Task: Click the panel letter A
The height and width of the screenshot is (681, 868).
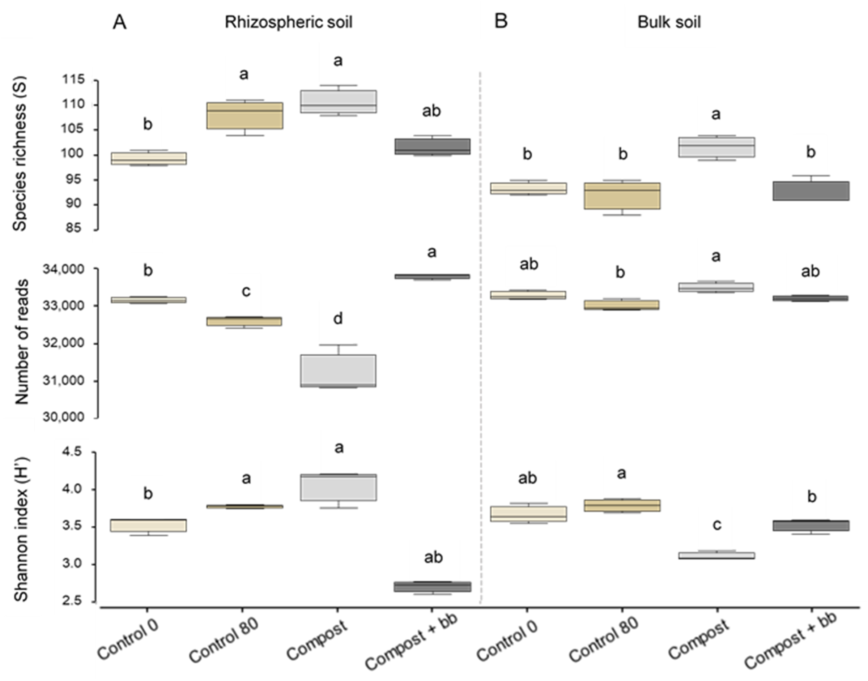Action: point(120,22)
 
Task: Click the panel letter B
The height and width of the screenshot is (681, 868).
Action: point(501,21)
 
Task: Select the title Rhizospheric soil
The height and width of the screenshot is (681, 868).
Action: point(288,22)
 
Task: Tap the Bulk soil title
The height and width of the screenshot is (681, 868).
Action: point(669,22)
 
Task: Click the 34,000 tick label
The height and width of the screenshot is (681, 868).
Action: point(64,270)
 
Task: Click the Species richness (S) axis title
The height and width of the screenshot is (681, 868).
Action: point(20,154)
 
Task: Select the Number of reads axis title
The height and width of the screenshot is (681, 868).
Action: point(22,342)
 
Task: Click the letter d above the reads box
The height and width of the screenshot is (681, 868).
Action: point(338,319)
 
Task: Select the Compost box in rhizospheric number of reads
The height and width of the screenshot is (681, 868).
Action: point(338,371)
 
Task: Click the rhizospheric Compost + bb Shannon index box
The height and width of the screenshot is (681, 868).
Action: point(432,587)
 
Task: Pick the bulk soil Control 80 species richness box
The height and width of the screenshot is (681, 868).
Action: point(622,196)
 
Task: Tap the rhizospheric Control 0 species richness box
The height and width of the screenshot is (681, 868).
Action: point(148,158)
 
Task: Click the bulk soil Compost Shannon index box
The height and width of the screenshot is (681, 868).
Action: point(717,556)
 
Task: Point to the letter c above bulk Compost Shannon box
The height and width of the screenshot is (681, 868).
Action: point(717,525)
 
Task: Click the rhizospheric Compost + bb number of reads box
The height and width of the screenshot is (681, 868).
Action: point(432,276)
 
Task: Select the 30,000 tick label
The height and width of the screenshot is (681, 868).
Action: point(64,417)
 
